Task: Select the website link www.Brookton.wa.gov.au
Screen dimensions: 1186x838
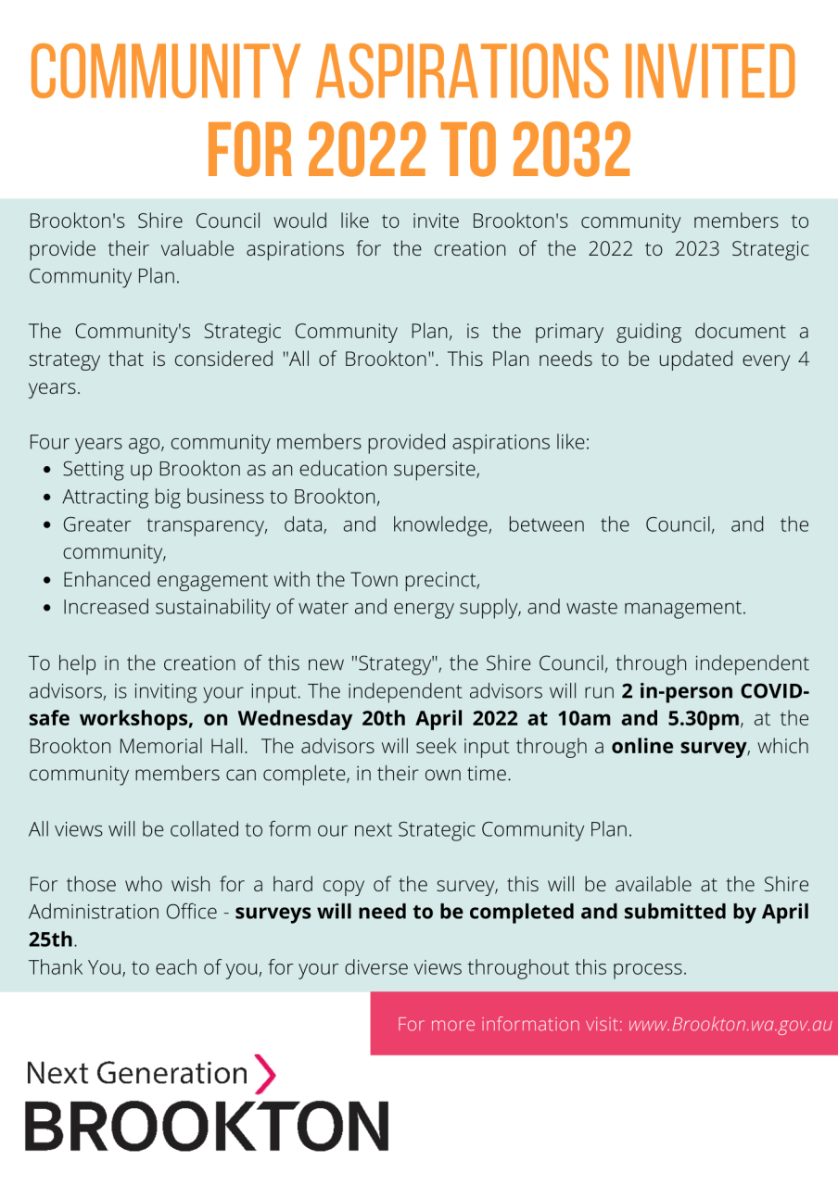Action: coord(730,1024)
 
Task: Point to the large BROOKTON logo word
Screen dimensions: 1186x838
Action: coord(206,1125)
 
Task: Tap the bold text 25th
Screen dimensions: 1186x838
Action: coord(51,939)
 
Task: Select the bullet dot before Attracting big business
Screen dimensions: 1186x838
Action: coord(50,498)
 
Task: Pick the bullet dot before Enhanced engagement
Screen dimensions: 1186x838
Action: coord(50,581)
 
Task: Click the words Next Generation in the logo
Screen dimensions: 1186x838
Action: coord(137,1073)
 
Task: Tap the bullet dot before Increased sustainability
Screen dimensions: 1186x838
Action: coord(50,609)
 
